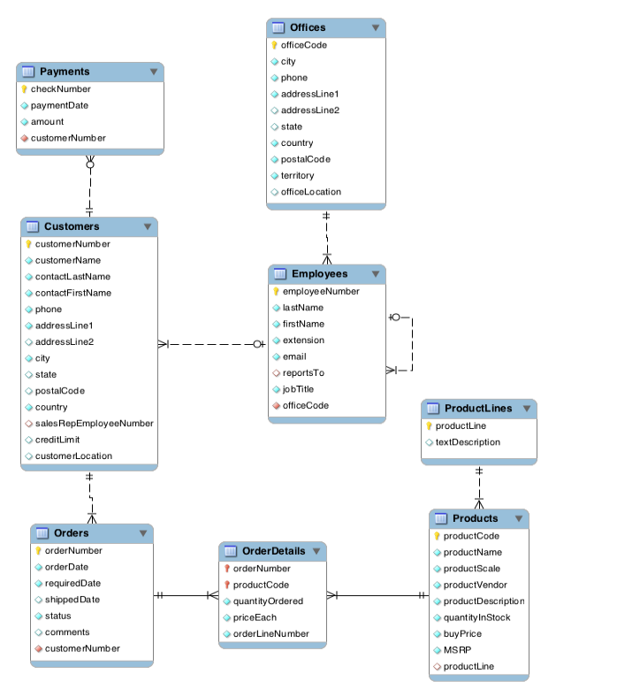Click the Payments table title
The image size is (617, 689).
click(x=65, y=72)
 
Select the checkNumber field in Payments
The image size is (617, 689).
click(x=60, y=89)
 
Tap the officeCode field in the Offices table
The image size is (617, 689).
click(x=303, y=45)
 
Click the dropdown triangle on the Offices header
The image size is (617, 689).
click(x=376, y=28)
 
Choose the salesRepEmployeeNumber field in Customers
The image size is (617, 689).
click(x=94, y=424)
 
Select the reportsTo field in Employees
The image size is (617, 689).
click(x=303, y=373)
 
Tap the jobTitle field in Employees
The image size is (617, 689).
click(x=298, y=389)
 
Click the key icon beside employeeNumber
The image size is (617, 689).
click(x=276, y=291)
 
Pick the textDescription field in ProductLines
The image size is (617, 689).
click(x=468, y=442)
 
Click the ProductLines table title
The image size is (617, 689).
click(x=477, y=409)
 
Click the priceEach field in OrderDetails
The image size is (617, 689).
click(x=255, y=617)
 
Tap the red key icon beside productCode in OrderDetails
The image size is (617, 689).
click(x=226, y=586)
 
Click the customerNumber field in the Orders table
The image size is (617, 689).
click(x=82, y=648)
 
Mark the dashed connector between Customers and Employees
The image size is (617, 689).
click(x=212, y=344)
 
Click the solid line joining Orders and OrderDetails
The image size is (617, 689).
click(x=186, y=595)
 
